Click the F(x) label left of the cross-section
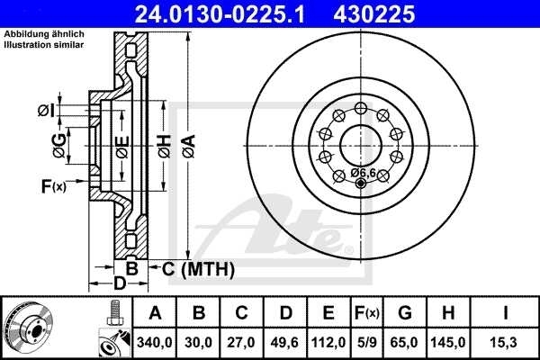pyautogui.click(x=53, y=186)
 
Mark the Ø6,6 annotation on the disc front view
pyautogui.click(x=364, y=172)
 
